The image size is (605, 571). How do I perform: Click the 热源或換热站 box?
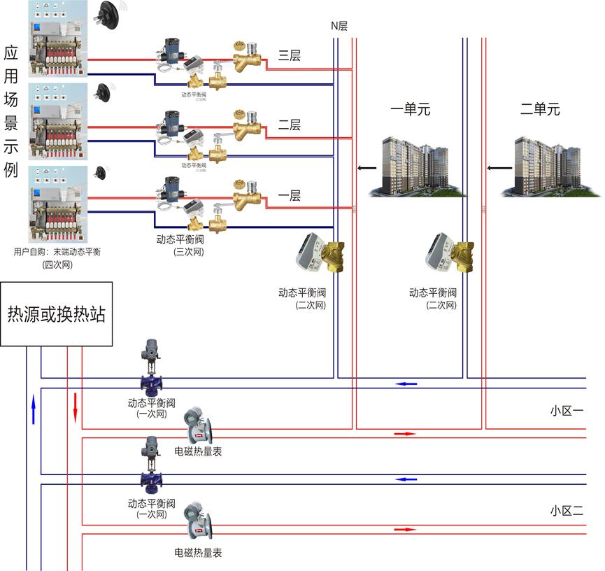point(56,314)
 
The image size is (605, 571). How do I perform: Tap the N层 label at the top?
point(339,26)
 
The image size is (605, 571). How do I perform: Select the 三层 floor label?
point(290,56)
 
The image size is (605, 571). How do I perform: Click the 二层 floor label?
point(290,125)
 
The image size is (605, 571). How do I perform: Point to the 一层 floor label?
point(290,196)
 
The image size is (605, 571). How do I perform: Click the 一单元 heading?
point(410,109)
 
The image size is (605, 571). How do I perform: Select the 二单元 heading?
point(540,109)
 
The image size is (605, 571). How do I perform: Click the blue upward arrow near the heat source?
point(33,409)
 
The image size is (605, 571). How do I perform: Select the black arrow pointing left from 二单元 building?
point(498,168)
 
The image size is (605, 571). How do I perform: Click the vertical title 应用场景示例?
point(10,112)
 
